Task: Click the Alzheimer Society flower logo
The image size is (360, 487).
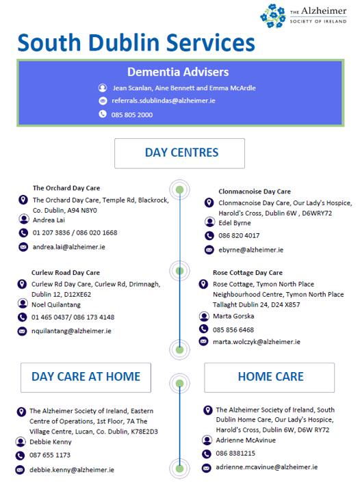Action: (273, 16)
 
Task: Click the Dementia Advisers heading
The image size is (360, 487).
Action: (178, 72)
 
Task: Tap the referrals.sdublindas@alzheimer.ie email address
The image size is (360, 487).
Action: (164, 101)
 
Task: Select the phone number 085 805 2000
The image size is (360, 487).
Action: (132, 115)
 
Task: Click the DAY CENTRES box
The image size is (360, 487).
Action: (180, 153)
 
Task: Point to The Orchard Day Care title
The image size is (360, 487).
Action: (66, 188)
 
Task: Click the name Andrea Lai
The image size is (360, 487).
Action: (49, 220)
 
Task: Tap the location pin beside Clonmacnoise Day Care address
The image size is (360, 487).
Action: (209, 203)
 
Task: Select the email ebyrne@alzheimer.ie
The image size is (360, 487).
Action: (251, 250)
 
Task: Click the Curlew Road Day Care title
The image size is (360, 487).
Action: (66, 272)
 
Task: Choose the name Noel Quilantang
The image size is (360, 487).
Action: (56, 304)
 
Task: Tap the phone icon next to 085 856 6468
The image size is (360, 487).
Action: (203, 328)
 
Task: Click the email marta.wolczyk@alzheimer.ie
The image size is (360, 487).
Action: (257, 341)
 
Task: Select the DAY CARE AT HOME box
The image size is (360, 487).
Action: (86, 378)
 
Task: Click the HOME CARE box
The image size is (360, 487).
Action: (269, 378)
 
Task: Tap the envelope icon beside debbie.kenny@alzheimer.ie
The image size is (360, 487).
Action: (20, 470)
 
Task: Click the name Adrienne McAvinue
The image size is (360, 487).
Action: (246, 440)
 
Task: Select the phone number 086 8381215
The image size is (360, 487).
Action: (235, 453)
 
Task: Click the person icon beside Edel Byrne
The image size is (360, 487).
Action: (209, 222)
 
